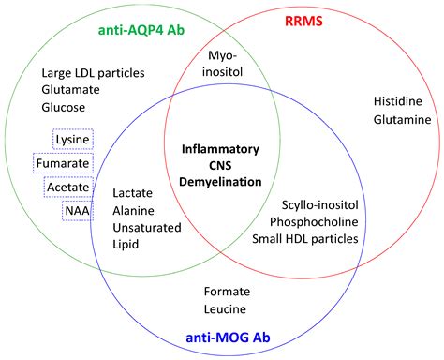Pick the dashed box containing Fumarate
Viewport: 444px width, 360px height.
click(x=63, y=163)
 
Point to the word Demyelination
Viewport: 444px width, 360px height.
click(x=221, y=181)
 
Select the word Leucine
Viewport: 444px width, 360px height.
click(x=225, y=308)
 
